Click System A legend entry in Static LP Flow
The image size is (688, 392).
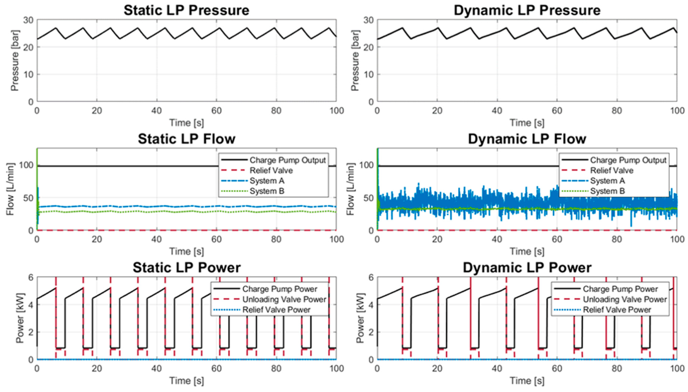click(267, 181)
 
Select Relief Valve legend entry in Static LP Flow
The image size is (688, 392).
click(271, 170)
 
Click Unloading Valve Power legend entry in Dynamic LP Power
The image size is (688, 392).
click(625, 299)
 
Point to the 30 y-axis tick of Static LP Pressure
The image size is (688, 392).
click(28, 20)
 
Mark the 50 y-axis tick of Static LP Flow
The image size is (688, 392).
click(28, 198)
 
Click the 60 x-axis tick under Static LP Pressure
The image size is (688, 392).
click(216, 111)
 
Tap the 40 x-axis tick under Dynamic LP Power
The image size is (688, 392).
click(497, 368)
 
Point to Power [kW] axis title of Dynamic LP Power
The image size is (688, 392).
click(360, 318)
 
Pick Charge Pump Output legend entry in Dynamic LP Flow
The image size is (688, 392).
click(628, 160)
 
